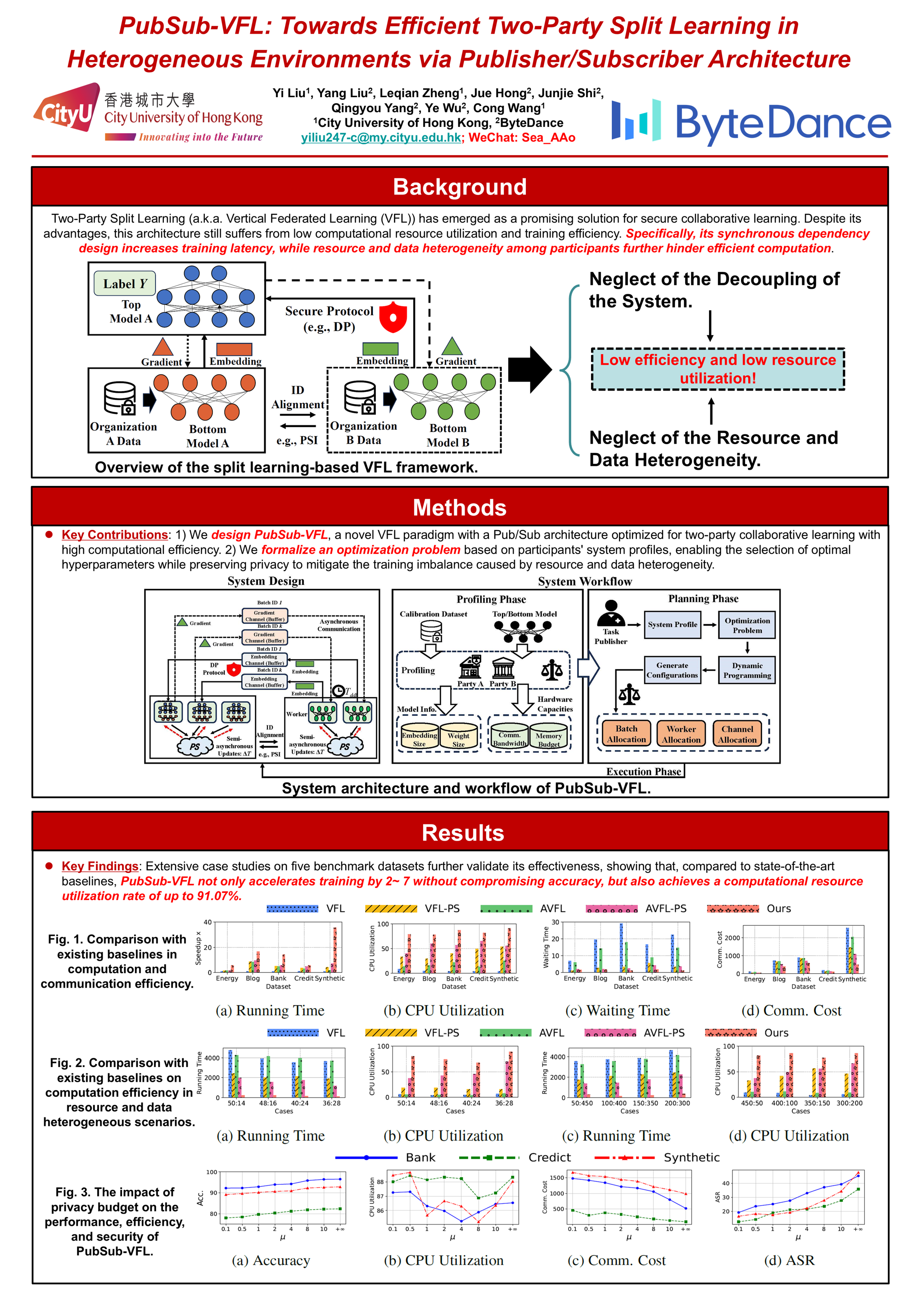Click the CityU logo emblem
pos(67,108)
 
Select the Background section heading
pos(459,187)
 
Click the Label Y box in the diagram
pos(125,284)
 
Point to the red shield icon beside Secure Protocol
pos(393,317)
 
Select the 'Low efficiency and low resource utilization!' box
pos(717,369)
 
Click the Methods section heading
pos(459,508)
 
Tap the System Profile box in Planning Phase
pos(672,625)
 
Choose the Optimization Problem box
pos(746,625)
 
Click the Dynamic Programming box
pos(746,670)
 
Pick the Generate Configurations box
pos(672,670)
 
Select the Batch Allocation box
pos(626,734)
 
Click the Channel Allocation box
pos(737,734)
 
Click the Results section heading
pos(462,833)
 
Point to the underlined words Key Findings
pos(100,866)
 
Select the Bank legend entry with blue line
pos(389,1158)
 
